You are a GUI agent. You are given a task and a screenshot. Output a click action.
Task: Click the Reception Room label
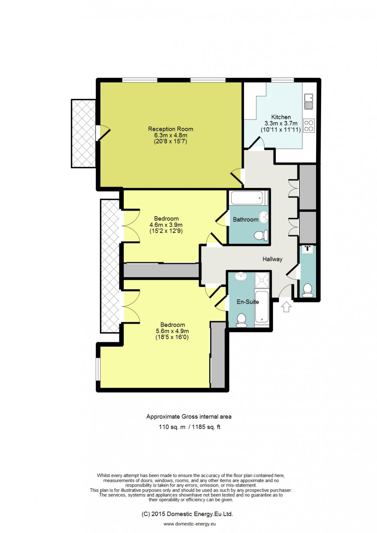click(171, 129)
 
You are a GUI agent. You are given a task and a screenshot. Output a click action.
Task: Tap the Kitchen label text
click(281, 117)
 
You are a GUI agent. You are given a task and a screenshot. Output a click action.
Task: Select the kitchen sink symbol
click(309, 101)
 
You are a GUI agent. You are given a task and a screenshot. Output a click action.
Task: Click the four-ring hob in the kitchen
click(309, 126)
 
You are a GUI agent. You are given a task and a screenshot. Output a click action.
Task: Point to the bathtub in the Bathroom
click(247, 198)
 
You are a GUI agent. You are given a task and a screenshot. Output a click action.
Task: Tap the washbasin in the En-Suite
click(240, 276)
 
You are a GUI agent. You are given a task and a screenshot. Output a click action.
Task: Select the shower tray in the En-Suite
click(262, 280)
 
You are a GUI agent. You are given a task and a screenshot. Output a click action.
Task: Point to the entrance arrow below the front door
click(286, 306)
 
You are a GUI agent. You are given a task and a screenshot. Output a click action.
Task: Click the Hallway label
click(272, 259)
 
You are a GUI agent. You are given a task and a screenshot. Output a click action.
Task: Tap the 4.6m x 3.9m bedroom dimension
click(166, 225)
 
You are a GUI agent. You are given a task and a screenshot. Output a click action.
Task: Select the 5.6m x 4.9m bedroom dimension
click(172, 331)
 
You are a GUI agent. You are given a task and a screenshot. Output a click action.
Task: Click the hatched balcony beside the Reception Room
click(83, 133)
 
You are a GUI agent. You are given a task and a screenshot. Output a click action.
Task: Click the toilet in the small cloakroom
click(307, 290)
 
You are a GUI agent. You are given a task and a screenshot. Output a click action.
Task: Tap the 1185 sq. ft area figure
click(206, 427)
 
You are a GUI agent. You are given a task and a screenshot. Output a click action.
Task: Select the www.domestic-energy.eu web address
click(189, 524)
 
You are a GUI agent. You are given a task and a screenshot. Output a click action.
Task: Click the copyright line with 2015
click(187, 514)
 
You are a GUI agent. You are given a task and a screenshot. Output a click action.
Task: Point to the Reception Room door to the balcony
click(103, 133)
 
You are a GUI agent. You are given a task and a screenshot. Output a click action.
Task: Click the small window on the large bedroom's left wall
click(98, 369)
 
